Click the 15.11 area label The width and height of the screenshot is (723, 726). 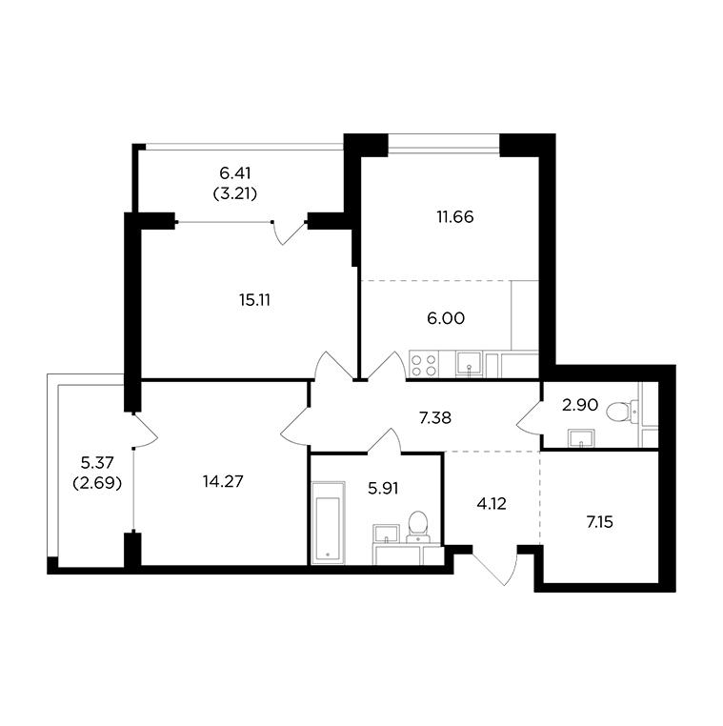pyautogui.click(x=254, y=300)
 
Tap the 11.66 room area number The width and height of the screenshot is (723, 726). pyautogui.click(x=455, y=217)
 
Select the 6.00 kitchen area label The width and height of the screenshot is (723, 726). pyautogui.click(x=446, y=318)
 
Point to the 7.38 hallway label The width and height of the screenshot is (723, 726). pyautogui.click(x=435, y=418)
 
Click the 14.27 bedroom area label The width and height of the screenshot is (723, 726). pyautogui.click(x=223, y=482)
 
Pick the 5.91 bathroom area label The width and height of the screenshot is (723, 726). pyautogui.click(x=383, y=489)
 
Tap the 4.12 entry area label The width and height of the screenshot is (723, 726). pyautogui.click(x=492, y=504)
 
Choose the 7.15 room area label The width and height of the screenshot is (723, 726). pyautogui.click(x=600, y=522)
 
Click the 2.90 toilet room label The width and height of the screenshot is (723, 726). pyautogui.click(x=580, y=406)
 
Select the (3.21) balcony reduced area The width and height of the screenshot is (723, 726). pyautogui.click(x=235, y=194)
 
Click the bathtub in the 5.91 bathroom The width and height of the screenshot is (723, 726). pyautogui.click(x=329, y=523)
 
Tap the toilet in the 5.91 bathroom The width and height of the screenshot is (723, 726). pyautogui.click(x=418, y=527)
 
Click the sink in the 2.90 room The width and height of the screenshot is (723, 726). pyautogui.click(x=581, y=438)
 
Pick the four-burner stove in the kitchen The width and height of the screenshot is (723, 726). pyautogui.click(x=425, y=365)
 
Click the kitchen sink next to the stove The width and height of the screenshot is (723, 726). pyautogui.click(x=470, y=364)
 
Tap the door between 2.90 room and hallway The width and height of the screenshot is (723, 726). pyautogui.click(x=529, y=415)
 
